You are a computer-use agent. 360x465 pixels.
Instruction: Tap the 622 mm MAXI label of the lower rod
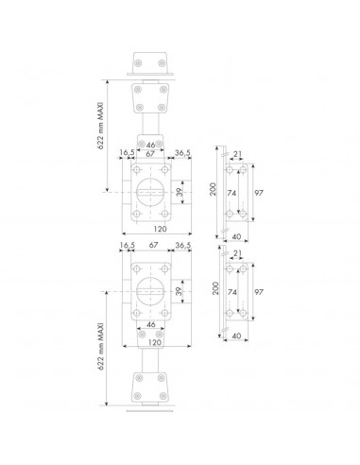[x=101, y=346]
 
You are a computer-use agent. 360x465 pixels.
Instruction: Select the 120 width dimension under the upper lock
[x=160, y=229]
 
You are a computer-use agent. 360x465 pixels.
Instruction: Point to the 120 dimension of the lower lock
[x=154, y=342]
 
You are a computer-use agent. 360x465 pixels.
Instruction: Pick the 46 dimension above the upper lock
[x=151, y=145]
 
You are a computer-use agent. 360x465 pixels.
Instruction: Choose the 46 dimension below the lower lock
[x=151, y=324]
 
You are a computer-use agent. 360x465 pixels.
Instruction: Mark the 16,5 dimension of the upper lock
[x=127, y=152]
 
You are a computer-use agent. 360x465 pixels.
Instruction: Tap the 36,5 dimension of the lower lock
[x=182, y=245]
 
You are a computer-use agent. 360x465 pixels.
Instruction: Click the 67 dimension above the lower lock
[x=153, y=245]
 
